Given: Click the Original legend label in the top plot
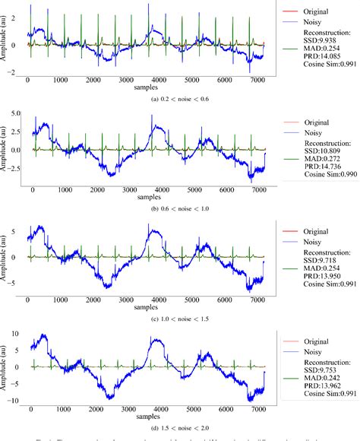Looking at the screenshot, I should [311, 11].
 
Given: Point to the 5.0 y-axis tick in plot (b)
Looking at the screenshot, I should [14, 114].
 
